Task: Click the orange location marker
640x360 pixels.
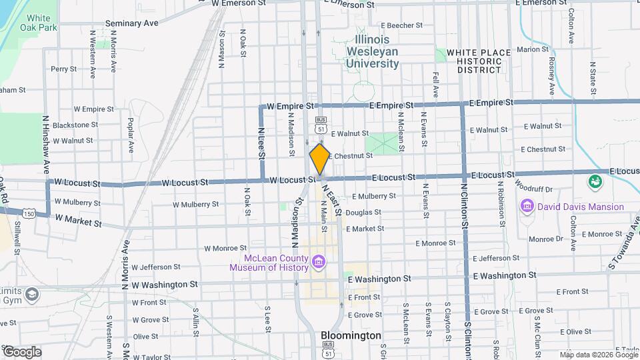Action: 319,158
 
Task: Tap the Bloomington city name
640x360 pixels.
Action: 351,335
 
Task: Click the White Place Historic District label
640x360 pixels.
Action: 474,61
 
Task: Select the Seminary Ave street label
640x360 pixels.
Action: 131,23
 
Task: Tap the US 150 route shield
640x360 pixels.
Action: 28,213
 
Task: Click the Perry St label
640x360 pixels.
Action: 64,69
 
